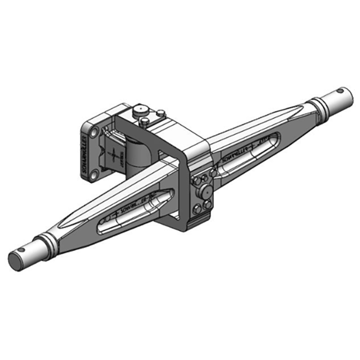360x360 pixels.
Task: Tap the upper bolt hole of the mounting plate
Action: tap(94, 132)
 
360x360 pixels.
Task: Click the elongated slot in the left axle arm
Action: tap(135, 209)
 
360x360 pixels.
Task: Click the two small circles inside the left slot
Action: tap(106, 219)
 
